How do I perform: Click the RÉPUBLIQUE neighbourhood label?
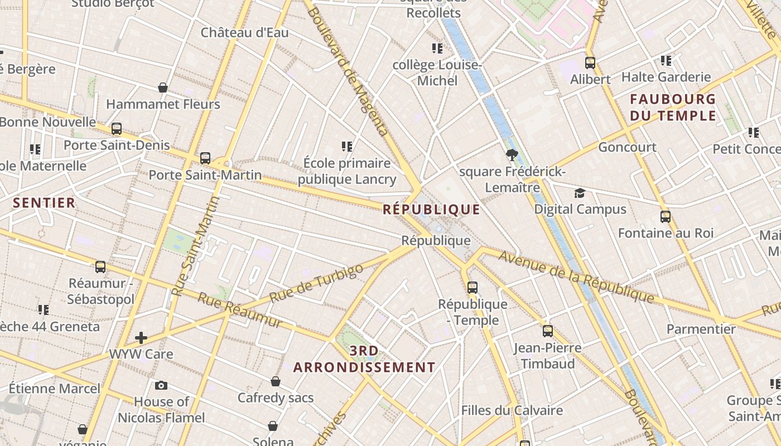[431, 210]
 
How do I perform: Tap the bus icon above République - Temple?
[473, 288]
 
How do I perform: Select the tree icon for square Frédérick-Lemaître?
[512, 155]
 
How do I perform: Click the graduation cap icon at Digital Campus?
[580, 193]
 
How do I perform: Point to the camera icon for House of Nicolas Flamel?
[161, 385]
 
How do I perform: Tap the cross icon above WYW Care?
[141, 337]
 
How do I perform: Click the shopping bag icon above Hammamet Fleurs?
[163, 88]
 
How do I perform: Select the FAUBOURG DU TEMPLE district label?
[673, 108]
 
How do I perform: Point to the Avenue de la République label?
[576, 277]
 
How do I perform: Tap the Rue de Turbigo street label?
[316, 283]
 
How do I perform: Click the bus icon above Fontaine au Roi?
[665, 216]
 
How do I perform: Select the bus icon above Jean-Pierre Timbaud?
[547, 331]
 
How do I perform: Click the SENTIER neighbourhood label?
[44, 203]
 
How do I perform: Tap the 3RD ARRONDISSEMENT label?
[364, 359]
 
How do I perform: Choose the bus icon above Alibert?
[590, 63]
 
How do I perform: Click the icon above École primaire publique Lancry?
[347, 147]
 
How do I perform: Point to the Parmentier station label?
[701, 329]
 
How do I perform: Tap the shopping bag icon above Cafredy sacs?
[276, 381]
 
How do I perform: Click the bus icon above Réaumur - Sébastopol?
[100, 266]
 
